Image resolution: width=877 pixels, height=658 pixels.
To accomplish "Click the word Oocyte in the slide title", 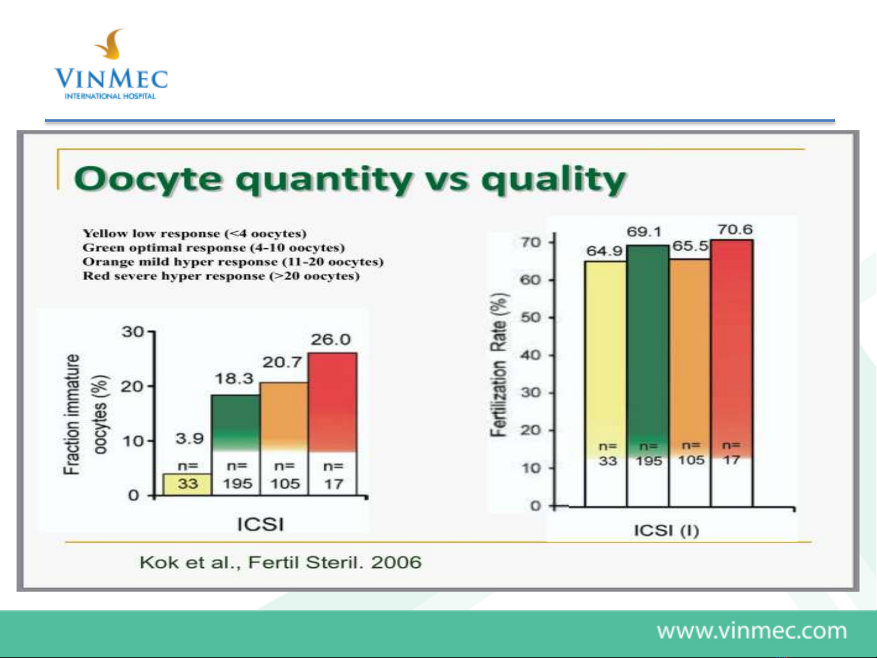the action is point(148,180).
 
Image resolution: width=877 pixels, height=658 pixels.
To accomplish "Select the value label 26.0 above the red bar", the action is point(331,340).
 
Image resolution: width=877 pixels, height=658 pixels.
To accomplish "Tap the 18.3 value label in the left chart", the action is point(234,379).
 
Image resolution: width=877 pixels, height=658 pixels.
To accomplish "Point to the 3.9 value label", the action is point(190,439).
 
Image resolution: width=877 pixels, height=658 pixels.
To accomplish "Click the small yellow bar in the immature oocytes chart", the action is point(187,484).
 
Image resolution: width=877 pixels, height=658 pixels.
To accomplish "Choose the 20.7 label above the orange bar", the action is point(282,362).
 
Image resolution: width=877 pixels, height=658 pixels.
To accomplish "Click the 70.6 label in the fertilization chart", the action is point(735,229).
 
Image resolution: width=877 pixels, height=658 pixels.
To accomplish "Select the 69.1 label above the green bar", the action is point(644,232).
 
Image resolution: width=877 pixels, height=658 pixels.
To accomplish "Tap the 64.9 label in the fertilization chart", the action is point(604,251).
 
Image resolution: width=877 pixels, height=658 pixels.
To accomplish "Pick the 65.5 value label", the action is point(690,246).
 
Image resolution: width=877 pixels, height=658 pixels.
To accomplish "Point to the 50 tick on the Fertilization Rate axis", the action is point(531,318).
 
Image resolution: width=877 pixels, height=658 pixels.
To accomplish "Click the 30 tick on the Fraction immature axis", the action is point(133,332).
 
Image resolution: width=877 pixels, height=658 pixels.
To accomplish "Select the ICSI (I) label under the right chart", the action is point(666,531).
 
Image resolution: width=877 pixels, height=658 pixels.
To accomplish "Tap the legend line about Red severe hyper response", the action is point(221,276).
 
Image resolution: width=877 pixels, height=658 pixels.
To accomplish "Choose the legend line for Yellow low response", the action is point(194,233).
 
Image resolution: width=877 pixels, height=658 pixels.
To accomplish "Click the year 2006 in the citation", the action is point(396,562).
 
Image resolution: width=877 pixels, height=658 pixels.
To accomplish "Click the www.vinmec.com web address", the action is point(752,631).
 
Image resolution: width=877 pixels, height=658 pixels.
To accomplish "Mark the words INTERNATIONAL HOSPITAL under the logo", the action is point(110,96).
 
